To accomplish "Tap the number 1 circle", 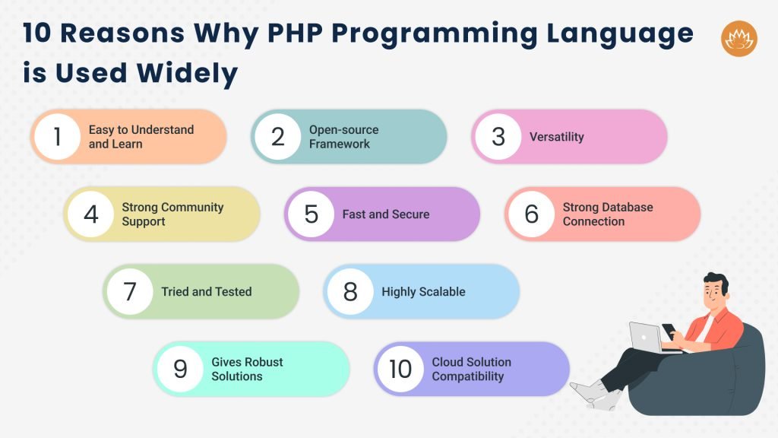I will pos(57,137).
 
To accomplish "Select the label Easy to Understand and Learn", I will pos(141,137).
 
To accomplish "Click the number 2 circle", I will pos(277,137).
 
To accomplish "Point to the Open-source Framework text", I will pos(343,137).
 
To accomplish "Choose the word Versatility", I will pos(557,137).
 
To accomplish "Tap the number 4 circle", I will pos(90,214).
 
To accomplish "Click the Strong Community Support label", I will pos(172,214).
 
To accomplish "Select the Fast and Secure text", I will pos(386,214).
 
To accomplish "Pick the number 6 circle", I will pos(531,214).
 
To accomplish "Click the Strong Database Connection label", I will pos(608,214).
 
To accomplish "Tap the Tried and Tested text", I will pos(207,291).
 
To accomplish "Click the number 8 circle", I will pos(350,291).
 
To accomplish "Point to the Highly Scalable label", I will pos(423,291).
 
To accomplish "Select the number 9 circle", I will pos(180,369).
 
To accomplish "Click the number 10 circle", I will pos(400,369).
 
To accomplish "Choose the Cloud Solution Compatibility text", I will pos(472,369).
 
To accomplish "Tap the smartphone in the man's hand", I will pos(669,331).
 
